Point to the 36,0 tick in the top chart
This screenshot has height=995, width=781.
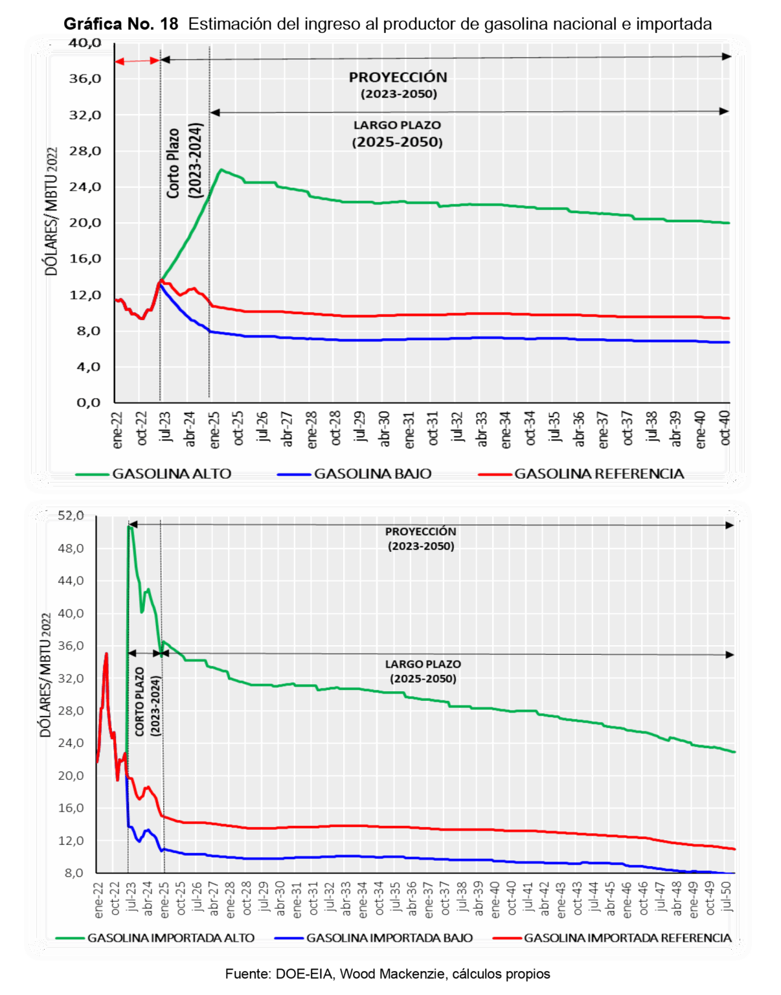pos(85,79)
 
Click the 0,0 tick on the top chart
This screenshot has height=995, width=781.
pos(89,403)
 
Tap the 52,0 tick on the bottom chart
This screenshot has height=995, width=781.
pos(71,516)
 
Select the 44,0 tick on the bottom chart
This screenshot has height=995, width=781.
pos(71,581)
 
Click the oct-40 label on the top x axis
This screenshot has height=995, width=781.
pos(725,428)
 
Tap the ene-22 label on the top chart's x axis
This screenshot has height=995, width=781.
pos(117,429)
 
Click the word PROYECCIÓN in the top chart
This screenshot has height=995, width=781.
pos(398,78)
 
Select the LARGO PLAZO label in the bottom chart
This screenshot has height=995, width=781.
pos(423,665)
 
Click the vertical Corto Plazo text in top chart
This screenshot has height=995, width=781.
pos(173,163)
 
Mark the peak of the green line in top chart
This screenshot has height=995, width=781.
pos(221,170)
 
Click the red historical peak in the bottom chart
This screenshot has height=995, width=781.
pos(106,654)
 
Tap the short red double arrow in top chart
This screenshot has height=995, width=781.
pos(137,61)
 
